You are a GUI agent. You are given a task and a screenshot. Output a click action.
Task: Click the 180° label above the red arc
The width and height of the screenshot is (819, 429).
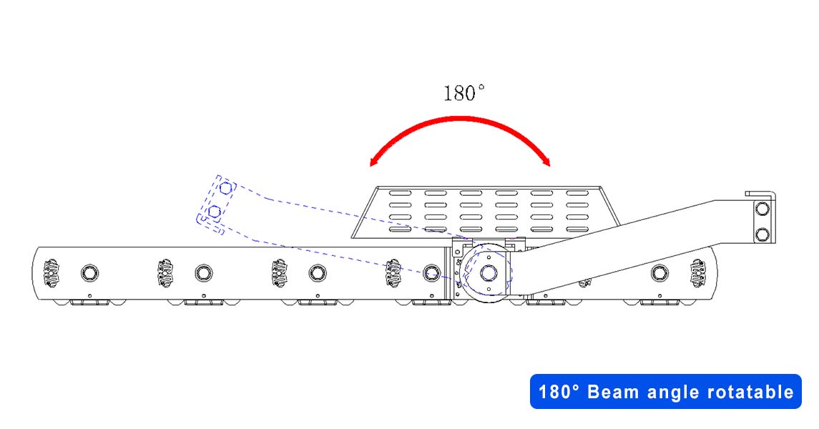pyautogui.click(x=464, y=94)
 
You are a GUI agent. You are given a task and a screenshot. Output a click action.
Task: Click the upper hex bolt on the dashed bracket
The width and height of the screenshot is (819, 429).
pyautogui.click(x=225, y=188)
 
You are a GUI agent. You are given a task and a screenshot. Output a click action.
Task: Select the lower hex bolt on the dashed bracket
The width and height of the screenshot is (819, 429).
pyautogui.click(x=214, y=212)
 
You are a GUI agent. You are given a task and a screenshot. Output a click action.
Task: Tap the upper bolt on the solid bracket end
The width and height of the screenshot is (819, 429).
pyautogui.click(x=762, y=209)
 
